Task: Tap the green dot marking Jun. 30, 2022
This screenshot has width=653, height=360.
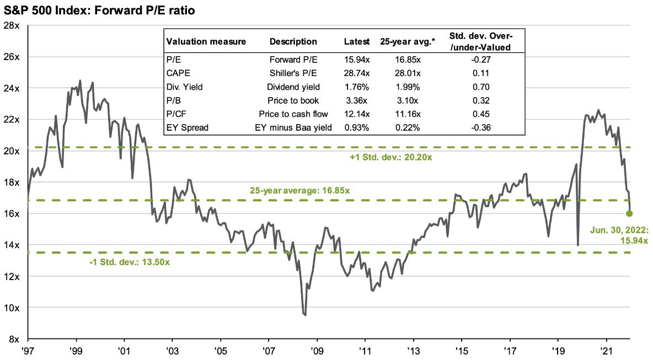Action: click(630, 213)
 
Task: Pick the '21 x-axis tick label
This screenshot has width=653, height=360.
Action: click(606, 351)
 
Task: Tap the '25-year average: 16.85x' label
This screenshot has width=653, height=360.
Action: click(299, 191)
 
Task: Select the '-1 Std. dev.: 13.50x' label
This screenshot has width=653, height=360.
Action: click(130, 262)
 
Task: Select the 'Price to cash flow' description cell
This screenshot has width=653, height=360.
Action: click(293, 114)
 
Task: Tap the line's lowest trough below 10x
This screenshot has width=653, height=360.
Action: click(305, 315)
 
